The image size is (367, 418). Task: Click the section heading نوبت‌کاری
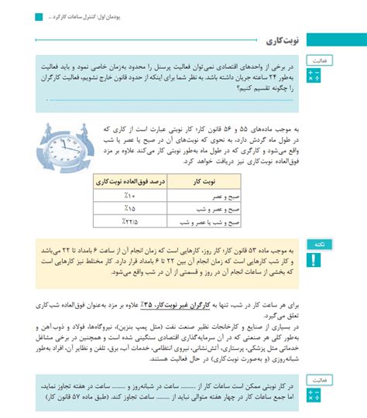283,39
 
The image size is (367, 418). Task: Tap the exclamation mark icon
313,259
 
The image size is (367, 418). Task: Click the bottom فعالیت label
317,381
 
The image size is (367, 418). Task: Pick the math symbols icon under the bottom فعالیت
313,396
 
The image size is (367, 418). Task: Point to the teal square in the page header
38,16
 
